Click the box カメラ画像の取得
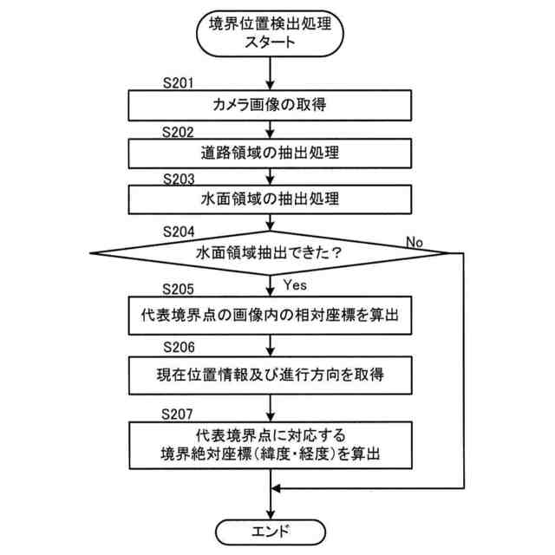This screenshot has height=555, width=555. pos(271,106)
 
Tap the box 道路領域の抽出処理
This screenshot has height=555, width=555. pos(271,153)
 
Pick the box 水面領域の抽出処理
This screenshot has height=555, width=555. pos(271,199)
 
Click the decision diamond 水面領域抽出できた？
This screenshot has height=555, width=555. pos(271,253)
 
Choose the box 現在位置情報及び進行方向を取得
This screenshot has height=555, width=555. pos(271,375)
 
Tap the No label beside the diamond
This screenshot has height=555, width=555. pos(415,242)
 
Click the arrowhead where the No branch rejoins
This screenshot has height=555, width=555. pos(277,489)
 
